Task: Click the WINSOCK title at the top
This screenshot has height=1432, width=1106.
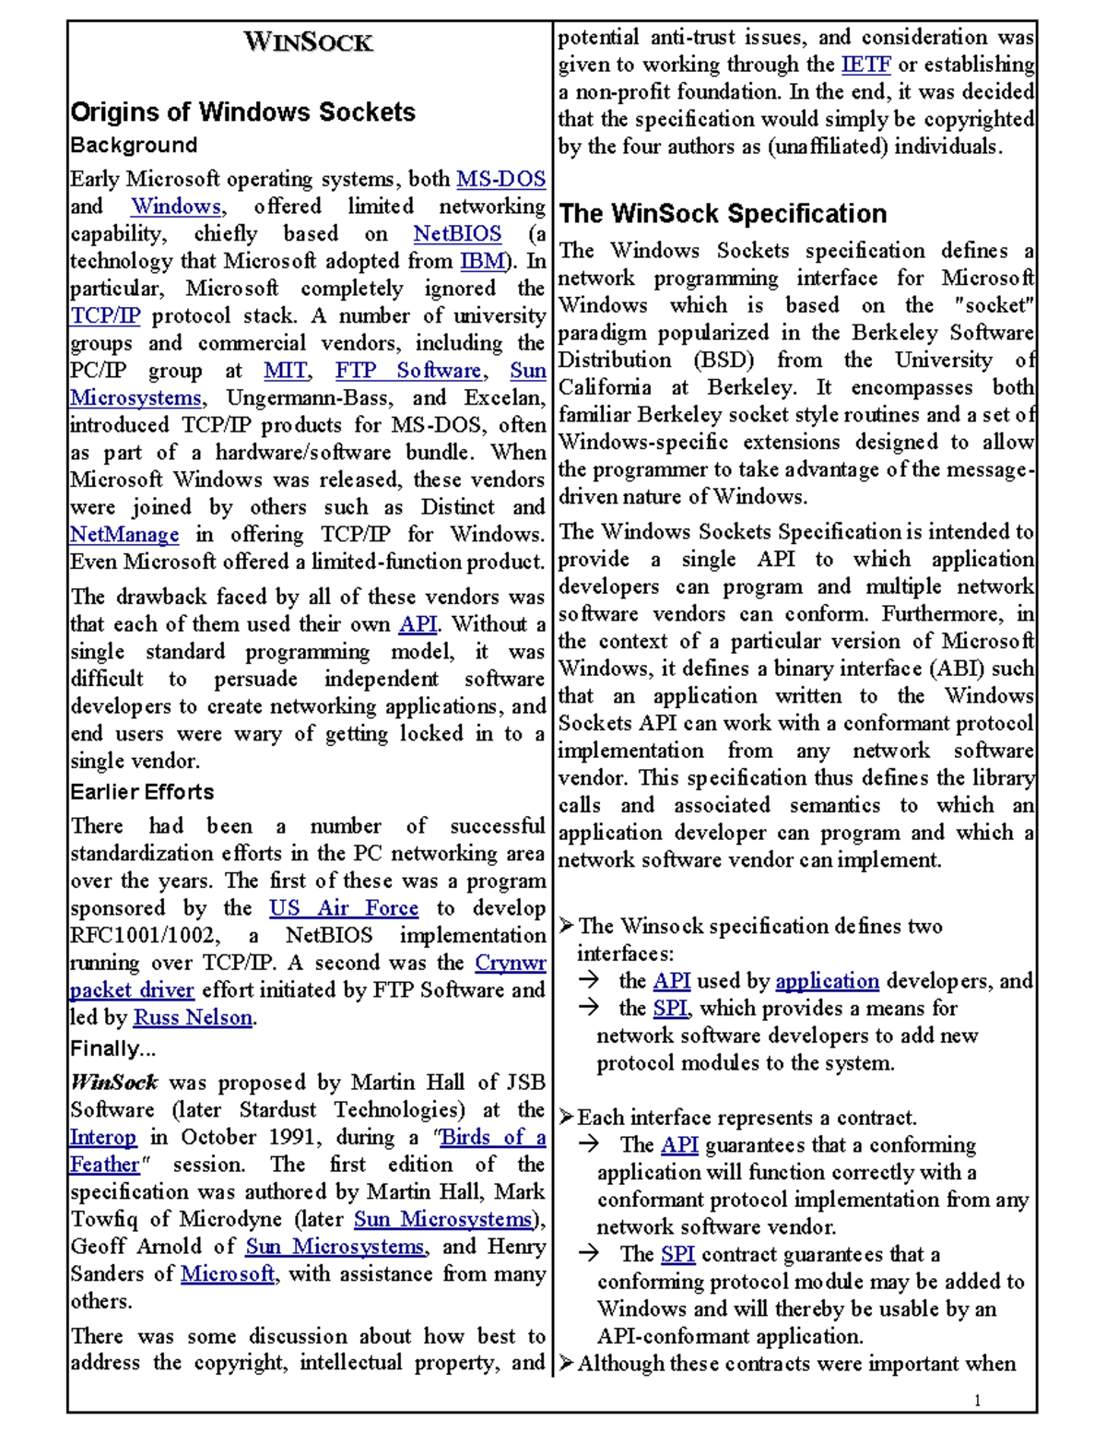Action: [308, 42]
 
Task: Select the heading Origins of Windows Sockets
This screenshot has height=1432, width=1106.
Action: [242, 112]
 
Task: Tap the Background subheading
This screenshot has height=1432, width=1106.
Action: [134, 146]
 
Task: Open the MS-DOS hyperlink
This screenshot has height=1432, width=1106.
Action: [500, 179]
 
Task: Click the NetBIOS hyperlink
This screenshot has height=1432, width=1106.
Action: [457, 234]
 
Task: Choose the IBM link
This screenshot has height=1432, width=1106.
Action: [482, 261]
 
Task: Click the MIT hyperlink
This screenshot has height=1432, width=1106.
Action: [286, 371]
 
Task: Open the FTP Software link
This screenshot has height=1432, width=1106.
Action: [408, 371]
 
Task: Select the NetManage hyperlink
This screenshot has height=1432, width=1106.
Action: [124, 535]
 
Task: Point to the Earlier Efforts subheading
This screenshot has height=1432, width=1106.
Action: [142, 792]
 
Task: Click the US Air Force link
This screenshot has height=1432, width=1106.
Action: [344, 908]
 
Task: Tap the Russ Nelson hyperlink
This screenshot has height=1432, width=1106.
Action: [193, 1018]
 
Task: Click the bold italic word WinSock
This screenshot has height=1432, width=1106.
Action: [114, 1083]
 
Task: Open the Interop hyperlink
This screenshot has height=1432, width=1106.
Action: [103, 1137]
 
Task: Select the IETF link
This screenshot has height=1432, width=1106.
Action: [865, 65]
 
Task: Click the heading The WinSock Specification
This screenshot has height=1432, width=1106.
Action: [723, 214]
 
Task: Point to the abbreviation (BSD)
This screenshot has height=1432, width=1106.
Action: [724, 361]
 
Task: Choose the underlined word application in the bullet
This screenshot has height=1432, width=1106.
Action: [827, 981]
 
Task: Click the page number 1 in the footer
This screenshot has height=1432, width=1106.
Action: [977, 1401]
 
